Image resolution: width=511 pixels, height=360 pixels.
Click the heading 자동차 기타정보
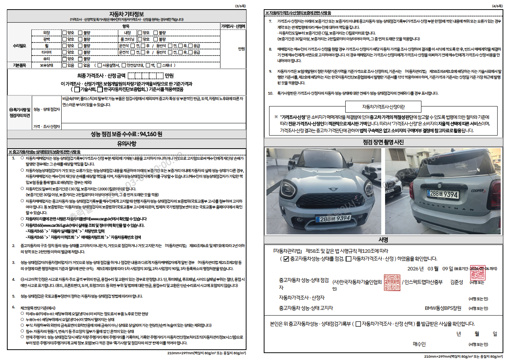pos(126,14)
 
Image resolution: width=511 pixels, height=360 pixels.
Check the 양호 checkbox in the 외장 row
pos(64,33)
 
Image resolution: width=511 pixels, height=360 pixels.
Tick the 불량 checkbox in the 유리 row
pos(80,59)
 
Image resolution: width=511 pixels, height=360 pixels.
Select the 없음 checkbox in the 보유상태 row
pos(80,65)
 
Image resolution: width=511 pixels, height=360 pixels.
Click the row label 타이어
pos(46,52)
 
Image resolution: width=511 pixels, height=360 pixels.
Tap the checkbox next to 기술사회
pos(77,90)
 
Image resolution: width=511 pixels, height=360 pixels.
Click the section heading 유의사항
pos(126,144)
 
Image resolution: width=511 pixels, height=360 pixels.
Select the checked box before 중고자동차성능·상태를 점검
pos(286,259)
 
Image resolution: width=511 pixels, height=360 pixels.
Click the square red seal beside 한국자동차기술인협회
pos(392,282)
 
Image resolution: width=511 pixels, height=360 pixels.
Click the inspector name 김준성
pos(457,282)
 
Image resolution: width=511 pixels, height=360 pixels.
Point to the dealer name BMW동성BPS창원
pos(443,308)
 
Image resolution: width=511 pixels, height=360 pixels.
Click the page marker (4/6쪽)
pos(497,6)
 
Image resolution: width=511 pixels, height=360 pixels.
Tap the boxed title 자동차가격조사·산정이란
pos(383,107)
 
